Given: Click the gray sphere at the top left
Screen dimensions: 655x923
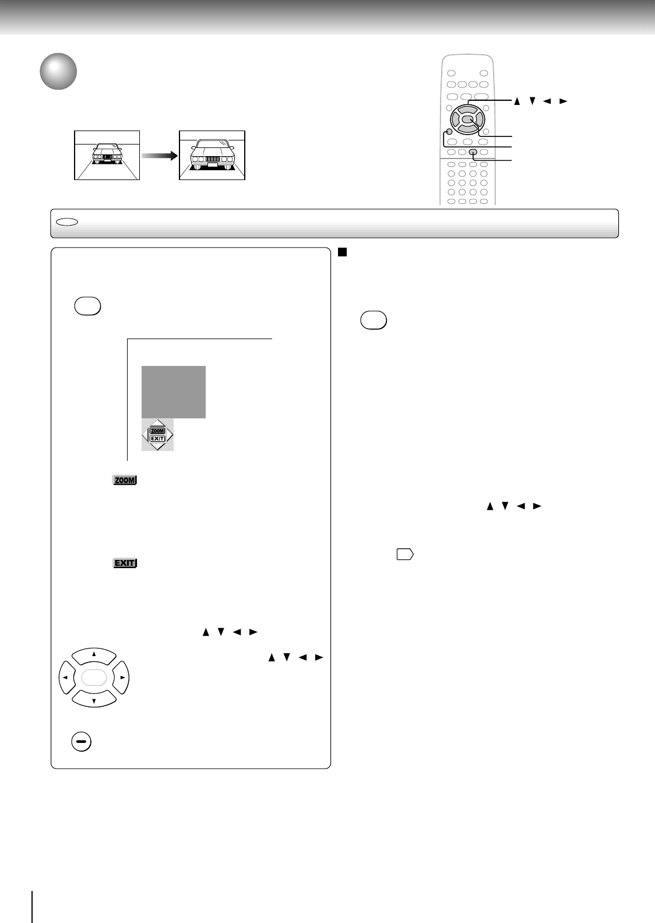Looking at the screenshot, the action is pyautogui.click(x=58, y=72).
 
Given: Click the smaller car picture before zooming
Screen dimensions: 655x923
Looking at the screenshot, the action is pyautogui.click(x=107, y=156).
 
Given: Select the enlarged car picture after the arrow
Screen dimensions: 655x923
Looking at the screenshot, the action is pyautogui.click(x=212, y=156).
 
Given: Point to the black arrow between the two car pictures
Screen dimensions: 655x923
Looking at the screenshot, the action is pyautogui.click(x=159, y=156).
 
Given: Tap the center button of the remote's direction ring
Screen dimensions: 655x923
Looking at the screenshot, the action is pyautogui.click(x=467, y=121).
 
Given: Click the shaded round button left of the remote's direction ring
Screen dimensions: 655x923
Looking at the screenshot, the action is pyautogui.click(x=448, y=132).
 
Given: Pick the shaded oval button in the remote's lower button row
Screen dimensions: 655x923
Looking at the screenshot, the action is pyautogui.click(x=473, y=153).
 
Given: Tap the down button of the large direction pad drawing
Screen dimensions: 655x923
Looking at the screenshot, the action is pyautogui.click(x=94, y=699).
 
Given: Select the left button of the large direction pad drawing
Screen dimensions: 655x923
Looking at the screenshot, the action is pyautogui.click(x=66, y=678).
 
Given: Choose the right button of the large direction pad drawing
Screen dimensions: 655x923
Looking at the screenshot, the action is pyautogui.click(x=122, y=678).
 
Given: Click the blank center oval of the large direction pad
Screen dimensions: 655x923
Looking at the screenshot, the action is pyautogui.click(x=94, y=678).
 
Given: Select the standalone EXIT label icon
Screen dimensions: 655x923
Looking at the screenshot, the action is pyautogui.click(x=124, y=563).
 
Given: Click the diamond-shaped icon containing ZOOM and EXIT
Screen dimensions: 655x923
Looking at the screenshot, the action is pyautogui.click(x=157, y=435).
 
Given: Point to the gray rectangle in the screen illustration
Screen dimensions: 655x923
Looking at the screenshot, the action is pyautogui.click(x=174, y=392).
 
